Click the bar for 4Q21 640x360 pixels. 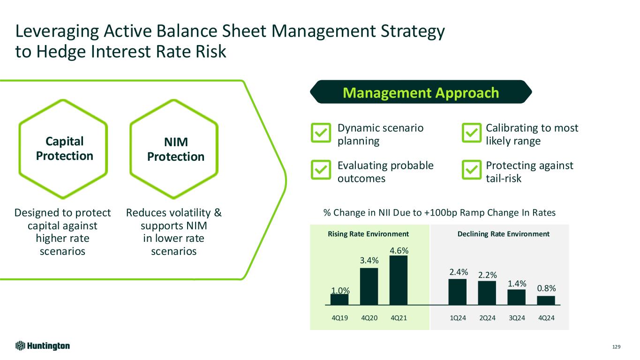398,280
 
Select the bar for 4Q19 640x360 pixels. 339,300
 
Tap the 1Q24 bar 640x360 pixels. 458,292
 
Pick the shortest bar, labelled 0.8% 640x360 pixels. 546,300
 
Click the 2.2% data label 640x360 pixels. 487,274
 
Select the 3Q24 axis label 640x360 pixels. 517,318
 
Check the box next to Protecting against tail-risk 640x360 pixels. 472,170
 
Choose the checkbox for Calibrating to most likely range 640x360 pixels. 472,133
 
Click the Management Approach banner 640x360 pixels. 421,92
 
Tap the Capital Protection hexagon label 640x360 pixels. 64,148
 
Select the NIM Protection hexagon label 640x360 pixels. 176,150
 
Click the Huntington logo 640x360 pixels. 43,346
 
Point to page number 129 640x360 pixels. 616,347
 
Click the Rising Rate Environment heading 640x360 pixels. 369,234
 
